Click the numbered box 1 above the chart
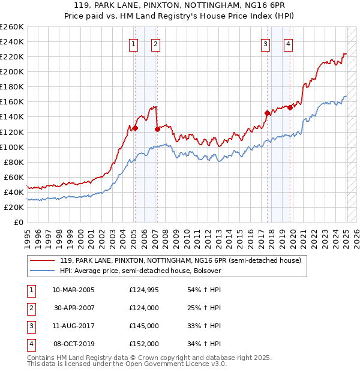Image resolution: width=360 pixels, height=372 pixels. coord(133,43)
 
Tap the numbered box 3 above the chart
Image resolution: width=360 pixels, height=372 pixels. coord(265,43)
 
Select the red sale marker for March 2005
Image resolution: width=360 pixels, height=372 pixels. coord(135,128)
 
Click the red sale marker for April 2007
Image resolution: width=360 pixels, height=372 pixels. coord(157,128)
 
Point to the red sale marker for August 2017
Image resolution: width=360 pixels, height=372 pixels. coord(267,112)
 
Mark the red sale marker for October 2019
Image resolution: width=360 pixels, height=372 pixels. coord(290,107)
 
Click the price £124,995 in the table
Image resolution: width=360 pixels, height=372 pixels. coord(144,290)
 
